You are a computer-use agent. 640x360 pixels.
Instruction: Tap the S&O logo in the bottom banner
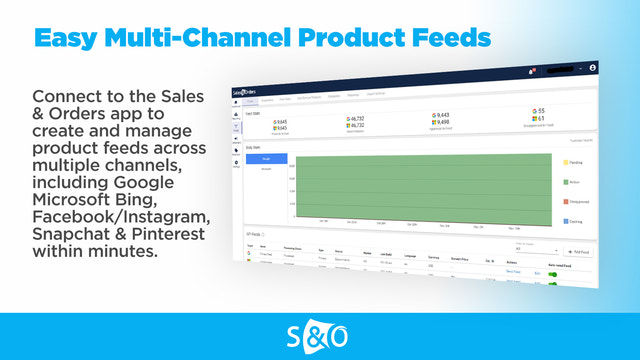pos(319,335)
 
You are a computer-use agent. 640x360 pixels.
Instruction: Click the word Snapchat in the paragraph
pos(73,234)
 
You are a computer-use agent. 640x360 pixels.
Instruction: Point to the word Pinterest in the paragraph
pos(161,234)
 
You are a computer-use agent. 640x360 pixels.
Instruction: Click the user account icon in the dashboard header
pos(593,67)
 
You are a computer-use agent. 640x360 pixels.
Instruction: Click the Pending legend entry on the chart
pos(579,161)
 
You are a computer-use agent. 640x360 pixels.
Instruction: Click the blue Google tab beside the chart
pos(266,158)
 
